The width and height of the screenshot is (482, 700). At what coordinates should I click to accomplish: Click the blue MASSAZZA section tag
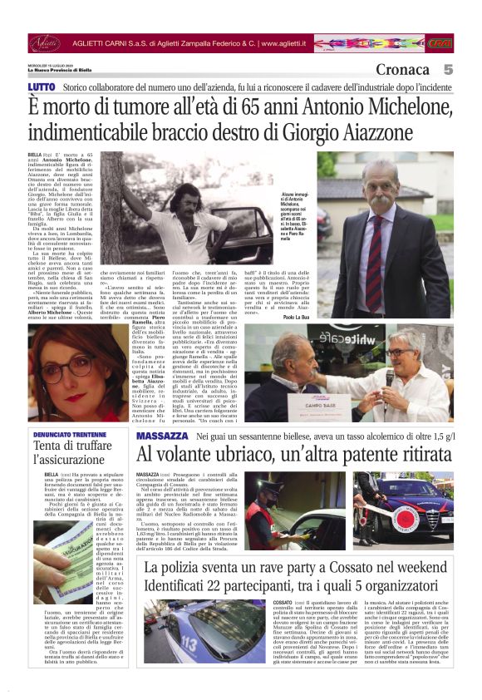pyautogui.click(x=162, y=436)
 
